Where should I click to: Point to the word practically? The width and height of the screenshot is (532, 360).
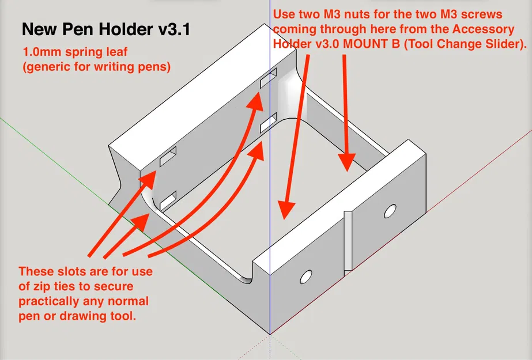coord(52,301)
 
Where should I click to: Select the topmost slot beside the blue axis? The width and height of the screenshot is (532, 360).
coord(269,78)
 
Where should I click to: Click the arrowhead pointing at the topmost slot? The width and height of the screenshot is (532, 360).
coord(255,98)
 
